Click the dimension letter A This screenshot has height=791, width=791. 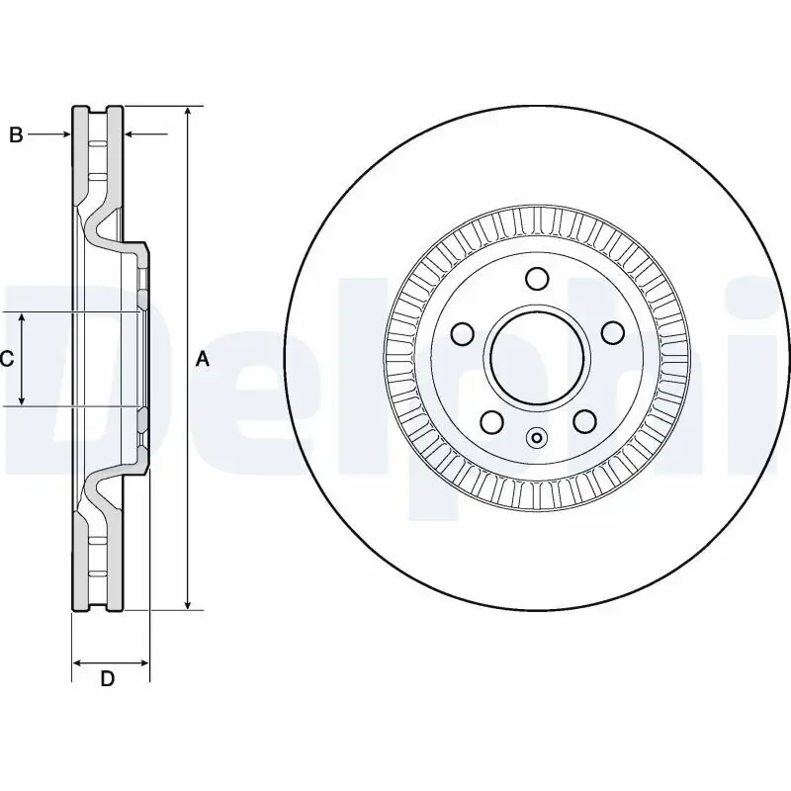tap(203, 359)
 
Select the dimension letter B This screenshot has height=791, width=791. tap(16, 135)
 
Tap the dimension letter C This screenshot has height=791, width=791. tap(7, 359)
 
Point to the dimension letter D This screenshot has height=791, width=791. tap(109, 678)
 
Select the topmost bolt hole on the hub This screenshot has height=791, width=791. tap(537, 279)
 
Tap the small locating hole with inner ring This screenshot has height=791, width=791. tap(537, 437)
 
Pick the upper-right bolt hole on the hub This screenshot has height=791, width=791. tap(612, 332)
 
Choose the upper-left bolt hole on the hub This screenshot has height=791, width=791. tap(462, 332)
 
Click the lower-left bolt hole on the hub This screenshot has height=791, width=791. tap(490, 422)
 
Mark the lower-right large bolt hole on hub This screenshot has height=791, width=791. tap(583, 422)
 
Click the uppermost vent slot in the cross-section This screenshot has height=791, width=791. tap(97, 144)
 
